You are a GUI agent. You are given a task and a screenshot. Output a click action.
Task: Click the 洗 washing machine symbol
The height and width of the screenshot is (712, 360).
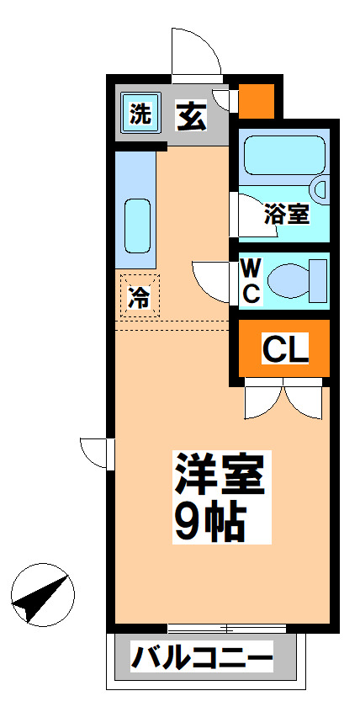[x=140, y=114]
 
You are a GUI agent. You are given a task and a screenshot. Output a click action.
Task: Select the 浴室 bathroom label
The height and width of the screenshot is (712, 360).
[x=285, y=213]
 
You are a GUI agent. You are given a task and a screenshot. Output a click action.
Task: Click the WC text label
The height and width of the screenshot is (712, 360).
[x=251, y=281]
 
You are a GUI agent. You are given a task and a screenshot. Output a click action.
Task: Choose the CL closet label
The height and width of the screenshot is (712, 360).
[x=284, y=347]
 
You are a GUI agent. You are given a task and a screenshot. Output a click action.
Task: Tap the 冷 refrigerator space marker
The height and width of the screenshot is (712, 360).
[x=138, y=297]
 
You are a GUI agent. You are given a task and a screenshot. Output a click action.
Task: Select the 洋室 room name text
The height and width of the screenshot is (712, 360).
[x=220, y=476]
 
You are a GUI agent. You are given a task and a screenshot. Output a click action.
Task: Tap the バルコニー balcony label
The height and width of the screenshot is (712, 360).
[x=202, y=656]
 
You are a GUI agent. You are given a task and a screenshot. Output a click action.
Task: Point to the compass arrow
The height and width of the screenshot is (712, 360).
[x=40, y=597]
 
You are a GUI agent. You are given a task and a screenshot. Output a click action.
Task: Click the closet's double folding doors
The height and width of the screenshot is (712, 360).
[x=283, y=400]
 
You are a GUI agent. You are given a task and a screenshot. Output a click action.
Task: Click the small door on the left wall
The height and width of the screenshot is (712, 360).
[x=96, y=452]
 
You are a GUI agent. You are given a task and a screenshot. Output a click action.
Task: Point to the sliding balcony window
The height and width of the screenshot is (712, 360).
[x=225, y=628]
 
